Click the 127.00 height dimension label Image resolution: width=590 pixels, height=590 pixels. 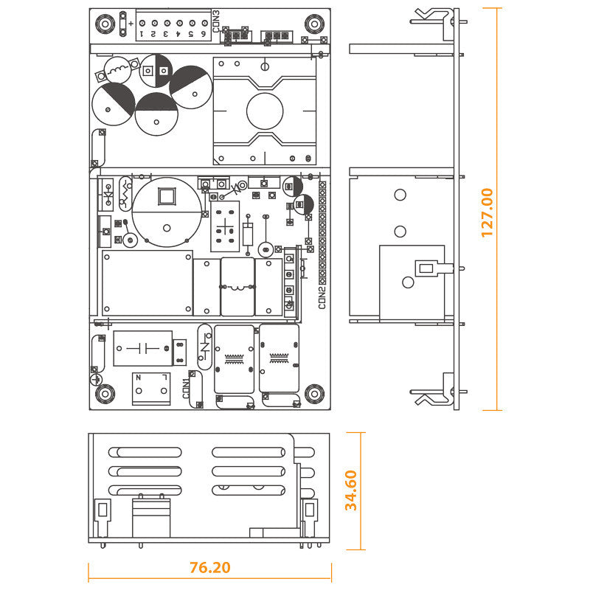click(487, 212)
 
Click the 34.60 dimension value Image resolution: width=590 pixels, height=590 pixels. click(351, 490)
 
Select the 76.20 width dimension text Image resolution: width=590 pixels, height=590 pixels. click(210, 567)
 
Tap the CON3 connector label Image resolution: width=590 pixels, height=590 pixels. click(216, 21)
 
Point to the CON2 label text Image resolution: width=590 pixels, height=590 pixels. click(322, 298)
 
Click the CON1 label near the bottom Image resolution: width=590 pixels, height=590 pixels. click(187, 389)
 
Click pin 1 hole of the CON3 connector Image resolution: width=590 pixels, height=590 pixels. click(142, 24)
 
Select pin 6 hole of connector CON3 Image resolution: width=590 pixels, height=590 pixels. click(205, 24)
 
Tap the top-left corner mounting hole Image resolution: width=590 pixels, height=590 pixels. click(105, 24)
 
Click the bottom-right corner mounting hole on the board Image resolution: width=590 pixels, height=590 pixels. click(314, 394)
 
